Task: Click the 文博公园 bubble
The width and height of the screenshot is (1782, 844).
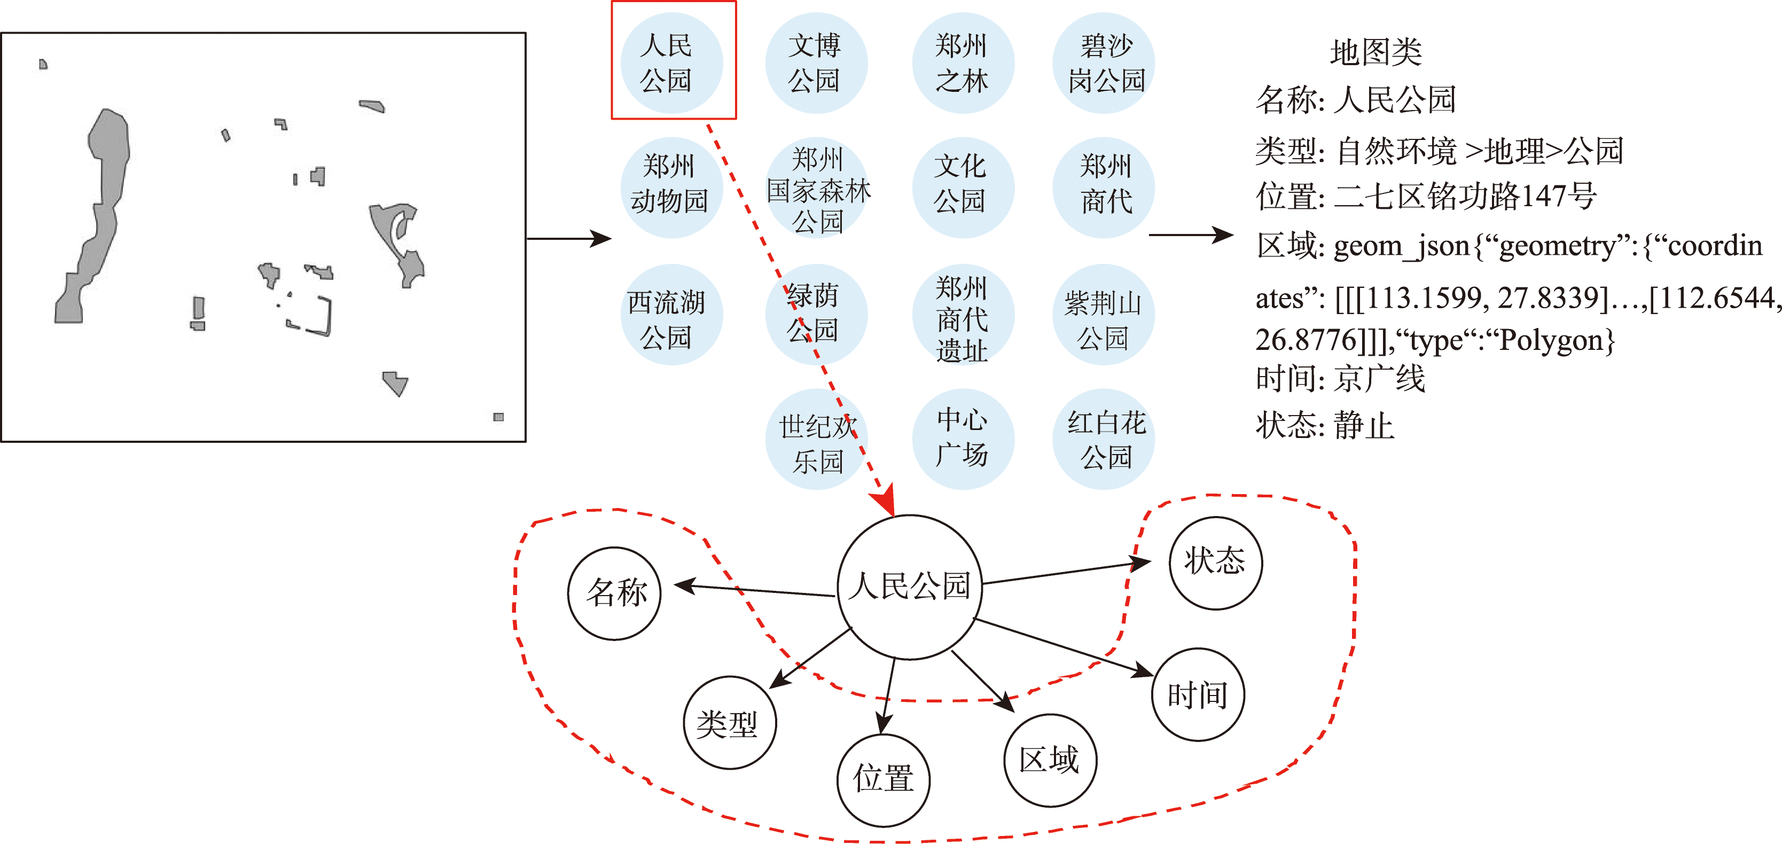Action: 816,63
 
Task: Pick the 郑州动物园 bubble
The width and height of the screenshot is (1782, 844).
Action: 670,187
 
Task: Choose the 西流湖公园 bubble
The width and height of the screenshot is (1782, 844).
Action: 670,316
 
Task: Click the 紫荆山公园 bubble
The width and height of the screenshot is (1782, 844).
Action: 1104,316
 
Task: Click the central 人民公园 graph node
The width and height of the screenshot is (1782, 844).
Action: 910,586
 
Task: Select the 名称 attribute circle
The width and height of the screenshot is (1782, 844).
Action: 615,593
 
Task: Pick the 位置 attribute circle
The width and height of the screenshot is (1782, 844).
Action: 884,780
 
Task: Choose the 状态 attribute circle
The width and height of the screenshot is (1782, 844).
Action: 1215,562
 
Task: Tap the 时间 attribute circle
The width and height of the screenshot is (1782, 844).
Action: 1198,694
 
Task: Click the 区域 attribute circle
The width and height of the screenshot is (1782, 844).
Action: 1050,760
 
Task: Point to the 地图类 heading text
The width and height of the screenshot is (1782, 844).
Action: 1375,52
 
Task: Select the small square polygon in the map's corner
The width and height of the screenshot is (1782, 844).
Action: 498,417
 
